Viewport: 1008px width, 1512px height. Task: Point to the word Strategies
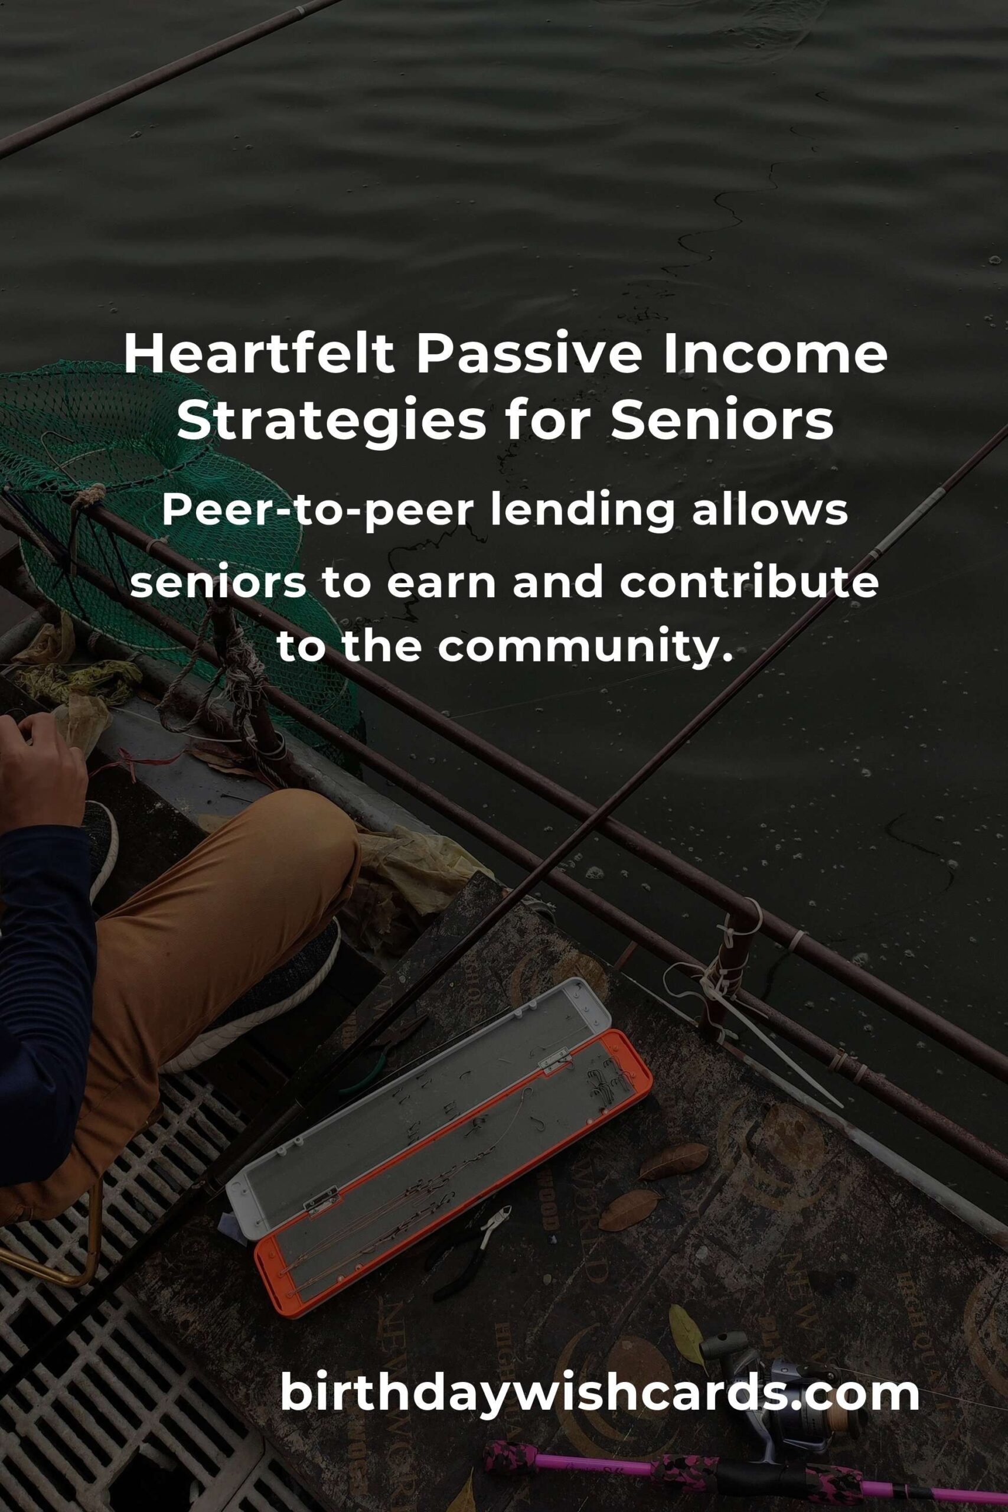pyautogui.click(x=331, y=423)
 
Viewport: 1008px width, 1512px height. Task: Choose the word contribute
pyautogui.click(x=749, y=582)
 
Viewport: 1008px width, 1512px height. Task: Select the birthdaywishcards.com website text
pyautogui.click(x=599, y=1394)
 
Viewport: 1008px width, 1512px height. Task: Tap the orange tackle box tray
pyautogui.click(x=453, y=1177)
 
